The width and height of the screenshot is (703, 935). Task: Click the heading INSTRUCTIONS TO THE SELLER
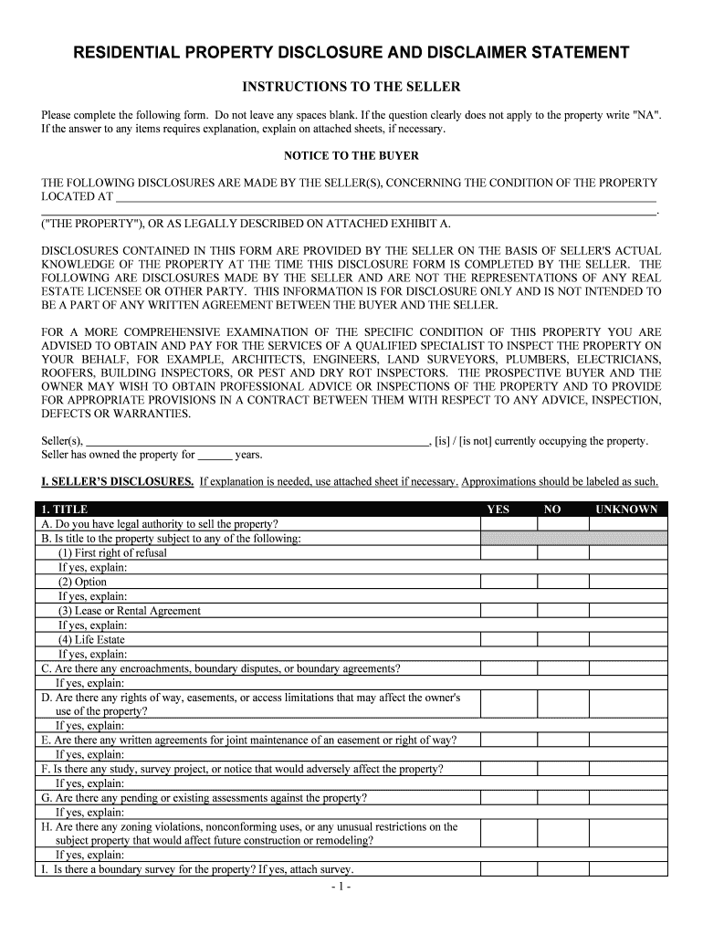click(x=351, y=87)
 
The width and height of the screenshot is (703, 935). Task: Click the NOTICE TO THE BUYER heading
click(x=351, y=155)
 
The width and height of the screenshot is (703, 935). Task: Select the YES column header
click(x=498, y=510)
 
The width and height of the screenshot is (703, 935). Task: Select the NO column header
click(x=552, y=510)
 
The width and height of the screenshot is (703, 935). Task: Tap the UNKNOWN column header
click(x=625, y=510)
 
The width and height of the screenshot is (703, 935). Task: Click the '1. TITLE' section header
click(x=65, y=510)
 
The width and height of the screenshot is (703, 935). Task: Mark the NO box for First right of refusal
click(x=563, y=553)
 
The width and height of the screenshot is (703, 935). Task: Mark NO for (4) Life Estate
click(x=563, y=639)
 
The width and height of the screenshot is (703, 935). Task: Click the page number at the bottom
click(x=351, y=886)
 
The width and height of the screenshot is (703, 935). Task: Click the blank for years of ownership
click(x=215, y=455)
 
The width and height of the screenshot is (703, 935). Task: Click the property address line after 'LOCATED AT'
click(x=383, y=196)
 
